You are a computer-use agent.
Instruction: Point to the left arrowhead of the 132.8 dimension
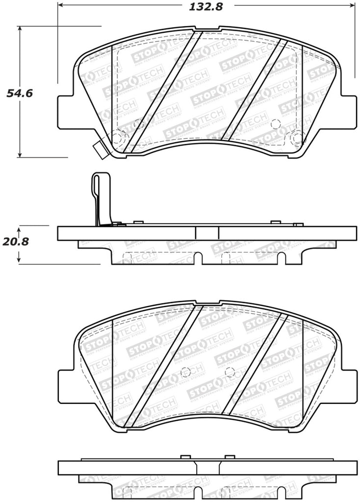tap(61, 6)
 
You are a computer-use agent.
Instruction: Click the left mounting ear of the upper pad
tap(66, 108)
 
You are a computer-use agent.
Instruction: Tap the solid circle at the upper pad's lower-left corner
tap(117, 138)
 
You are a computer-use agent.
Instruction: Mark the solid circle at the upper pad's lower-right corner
tap(296, 138)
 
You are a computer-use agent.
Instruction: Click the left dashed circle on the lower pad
tap(185, 373)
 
